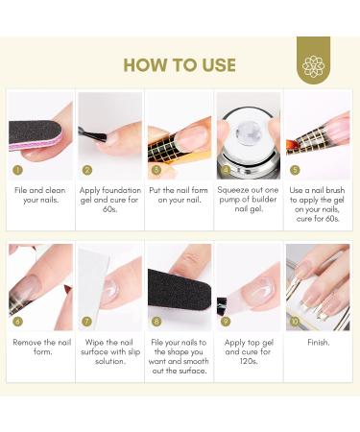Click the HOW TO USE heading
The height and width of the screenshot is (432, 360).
(x=180, y=65)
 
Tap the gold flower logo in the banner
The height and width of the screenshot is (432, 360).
(x=313, y=66)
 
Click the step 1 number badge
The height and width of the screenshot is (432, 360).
(x=17, y=170)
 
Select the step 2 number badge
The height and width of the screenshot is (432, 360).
(x=87, y=170)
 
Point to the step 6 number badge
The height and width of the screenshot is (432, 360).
(x=17, y=322)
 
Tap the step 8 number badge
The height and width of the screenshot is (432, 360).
(x=156, y=322)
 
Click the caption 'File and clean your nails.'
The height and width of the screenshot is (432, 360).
(x=40, y=195)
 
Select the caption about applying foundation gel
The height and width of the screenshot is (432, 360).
(x=110, y=200)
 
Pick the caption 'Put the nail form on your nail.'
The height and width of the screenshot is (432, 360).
(x=179, y=195)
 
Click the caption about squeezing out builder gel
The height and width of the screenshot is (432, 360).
(x=249, y=200)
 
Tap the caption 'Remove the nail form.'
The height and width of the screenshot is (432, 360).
(x=42, y=347)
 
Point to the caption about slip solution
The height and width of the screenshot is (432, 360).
(x=110, y=351)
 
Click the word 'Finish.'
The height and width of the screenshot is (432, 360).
(x=318, y=343)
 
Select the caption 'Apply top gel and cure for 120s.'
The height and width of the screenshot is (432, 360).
(x=249, y=351)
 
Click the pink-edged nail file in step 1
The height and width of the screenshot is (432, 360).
(x=36, y=135)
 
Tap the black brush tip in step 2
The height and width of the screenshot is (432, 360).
(x=93, y=134)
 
